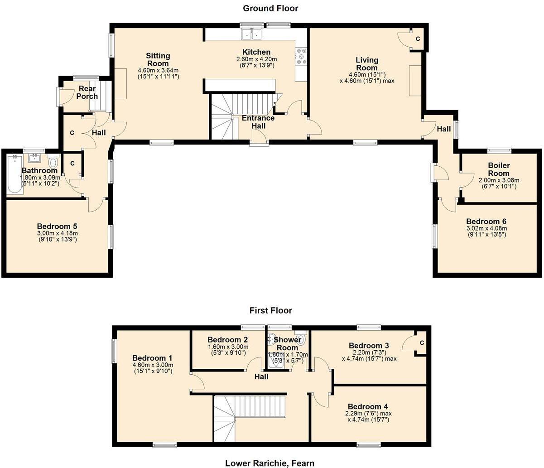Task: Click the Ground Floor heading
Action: coord(270,8)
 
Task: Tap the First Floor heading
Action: coord(270,310)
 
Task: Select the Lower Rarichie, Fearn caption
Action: coord(270,463)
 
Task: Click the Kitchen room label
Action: coord(256,52)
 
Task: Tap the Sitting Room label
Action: coord(158,59)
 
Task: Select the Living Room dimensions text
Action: coord(367,77)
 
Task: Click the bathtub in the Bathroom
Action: coord(14,174)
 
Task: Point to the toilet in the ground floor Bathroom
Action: coord(53,161)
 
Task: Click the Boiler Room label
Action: coord(499,169)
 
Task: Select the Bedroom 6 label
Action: coord(486,222)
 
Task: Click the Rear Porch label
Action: coord(87,92)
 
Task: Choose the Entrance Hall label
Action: coord(258,122)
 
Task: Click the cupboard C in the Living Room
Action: coord(418,39)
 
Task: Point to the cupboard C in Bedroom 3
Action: coord(421,343)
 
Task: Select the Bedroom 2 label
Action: coord(227,340)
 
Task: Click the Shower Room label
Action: coord(287,343)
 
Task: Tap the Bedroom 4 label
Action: coord(368,406)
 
